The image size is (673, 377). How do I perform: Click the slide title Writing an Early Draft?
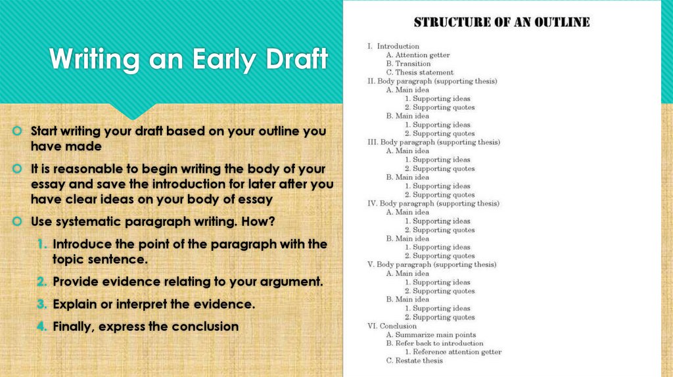(189, 59)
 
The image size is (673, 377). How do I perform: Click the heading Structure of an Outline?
(501, 22)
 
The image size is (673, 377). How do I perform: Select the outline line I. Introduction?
(393, 46)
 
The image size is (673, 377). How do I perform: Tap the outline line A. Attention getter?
(418, 55)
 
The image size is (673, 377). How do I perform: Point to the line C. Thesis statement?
(420, 72)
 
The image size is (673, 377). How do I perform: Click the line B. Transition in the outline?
(408, 64)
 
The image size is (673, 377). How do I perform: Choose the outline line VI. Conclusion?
(392, 326)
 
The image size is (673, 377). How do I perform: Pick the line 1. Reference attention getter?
(453, 352)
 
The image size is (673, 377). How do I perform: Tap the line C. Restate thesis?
(415, 361)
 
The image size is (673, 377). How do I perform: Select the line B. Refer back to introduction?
(434, 344)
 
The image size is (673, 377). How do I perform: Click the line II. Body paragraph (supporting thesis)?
(432, 81)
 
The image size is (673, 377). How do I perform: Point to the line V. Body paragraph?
(432, 265)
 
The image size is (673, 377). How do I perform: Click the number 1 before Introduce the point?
(43, 244)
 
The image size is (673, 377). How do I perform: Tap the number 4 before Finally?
(43, 326)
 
